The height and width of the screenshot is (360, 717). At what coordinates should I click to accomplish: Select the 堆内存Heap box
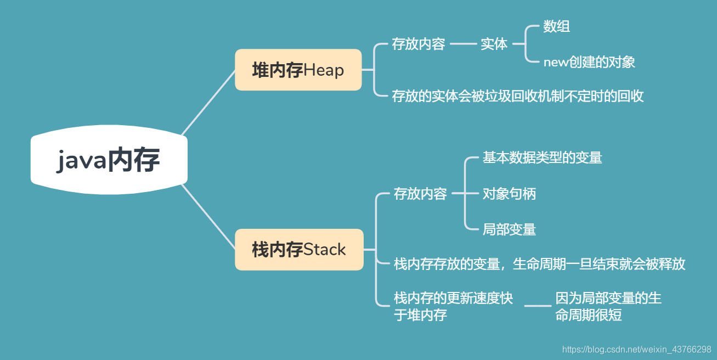point(298,70)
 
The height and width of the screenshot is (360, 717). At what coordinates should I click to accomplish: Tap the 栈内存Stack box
point(299,250)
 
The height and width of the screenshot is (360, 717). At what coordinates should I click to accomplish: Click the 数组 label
point(556,26)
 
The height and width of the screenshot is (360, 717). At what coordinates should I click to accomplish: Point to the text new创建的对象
point(589,62)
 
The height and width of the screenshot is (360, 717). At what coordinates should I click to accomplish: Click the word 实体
point(494,44)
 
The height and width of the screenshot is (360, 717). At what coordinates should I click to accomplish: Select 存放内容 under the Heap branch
point(419,44)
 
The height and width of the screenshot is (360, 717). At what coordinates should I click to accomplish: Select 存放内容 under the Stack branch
point(420,194)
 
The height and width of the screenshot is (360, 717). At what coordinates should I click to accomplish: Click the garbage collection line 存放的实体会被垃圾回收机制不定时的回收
point(517,96)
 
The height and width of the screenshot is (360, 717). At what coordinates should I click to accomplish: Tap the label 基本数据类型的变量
point(542,157)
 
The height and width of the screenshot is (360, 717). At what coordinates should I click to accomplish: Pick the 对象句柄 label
point(509,194)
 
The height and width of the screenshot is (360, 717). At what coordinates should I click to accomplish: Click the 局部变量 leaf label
point(509,229)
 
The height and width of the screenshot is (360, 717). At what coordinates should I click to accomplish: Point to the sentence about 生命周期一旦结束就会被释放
point(539,264)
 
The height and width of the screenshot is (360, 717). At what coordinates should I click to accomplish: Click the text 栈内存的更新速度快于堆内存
point(453,306)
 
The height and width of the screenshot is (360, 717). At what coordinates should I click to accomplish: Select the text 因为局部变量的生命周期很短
point(608,306)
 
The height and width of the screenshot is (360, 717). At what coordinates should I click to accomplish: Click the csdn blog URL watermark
point(636,349)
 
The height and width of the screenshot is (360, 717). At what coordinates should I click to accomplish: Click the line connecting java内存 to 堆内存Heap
point(208,102)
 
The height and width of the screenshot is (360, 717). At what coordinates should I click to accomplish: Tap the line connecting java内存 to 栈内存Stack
point(208,217)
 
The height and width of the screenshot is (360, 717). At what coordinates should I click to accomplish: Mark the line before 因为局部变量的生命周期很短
point(538,305)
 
